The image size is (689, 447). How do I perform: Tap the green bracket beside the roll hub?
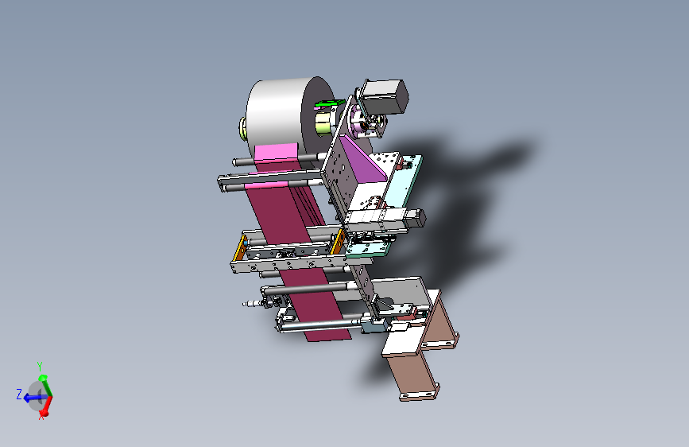tap(329, 104)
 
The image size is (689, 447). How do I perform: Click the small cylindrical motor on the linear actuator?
tap(417, 217)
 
